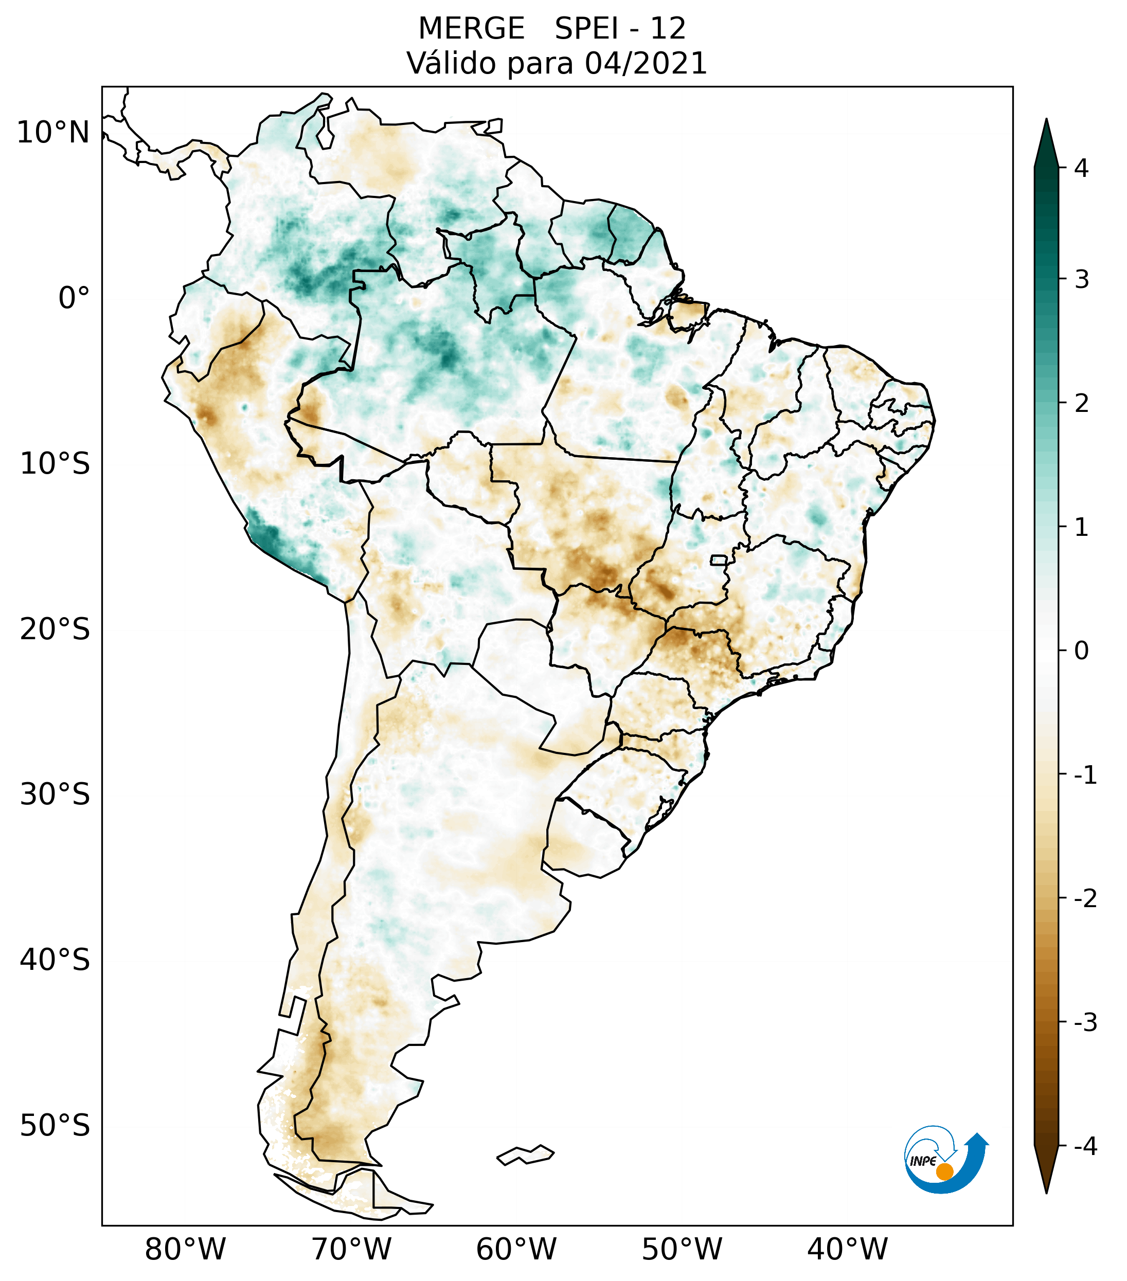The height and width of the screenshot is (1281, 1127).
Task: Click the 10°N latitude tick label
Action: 53,133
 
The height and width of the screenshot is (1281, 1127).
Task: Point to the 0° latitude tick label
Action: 74,298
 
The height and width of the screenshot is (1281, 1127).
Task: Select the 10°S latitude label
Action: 55,464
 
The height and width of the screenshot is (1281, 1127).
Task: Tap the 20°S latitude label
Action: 55,629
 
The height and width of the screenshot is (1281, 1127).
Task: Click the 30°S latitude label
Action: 55,795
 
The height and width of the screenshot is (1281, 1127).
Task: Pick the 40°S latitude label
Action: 55,960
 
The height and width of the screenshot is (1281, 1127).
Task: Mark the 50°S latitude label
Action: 55,1126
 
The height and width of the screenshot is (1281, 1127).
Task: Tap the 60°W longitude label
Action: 516,1249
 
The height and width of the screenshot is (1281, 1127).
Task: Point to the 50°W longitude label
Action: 682,1249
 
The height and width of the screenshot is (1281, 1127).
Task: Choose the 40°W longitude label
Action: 848,1249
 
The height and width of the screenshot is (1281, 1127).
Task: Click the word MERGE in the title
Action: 471,29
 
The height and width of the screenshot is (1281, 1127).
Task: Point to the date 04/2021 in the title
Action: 646,63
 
